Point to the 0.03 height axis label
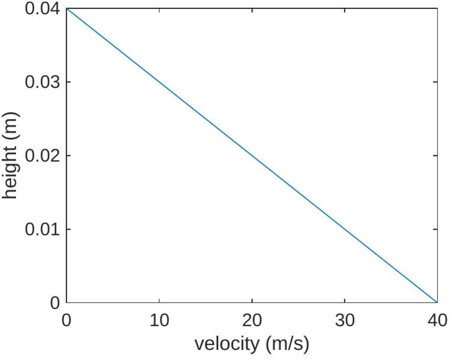point(41,82)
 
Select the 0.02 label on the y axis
point(41,155)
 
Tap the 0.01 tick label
point(41,229)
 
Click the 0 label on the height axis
point(55,302)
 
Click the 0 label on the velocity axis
point(66,320)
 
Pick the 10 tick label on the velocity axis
point(159,320)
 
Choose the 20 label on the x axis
point(252,320)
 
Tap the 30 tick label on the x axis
point(345,320)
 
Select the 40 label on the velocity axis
point(437,320)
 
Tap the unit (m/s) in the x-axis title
point(287,343)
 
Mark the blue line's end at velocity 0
point(66,8)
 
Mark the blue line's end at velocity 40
point(437,302)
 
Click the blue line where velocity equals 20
point(252,155)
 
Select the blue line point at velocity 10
point(159,82)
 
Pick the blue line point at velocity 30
point(345,229)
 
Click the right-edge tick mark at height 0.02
point(435,155)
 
